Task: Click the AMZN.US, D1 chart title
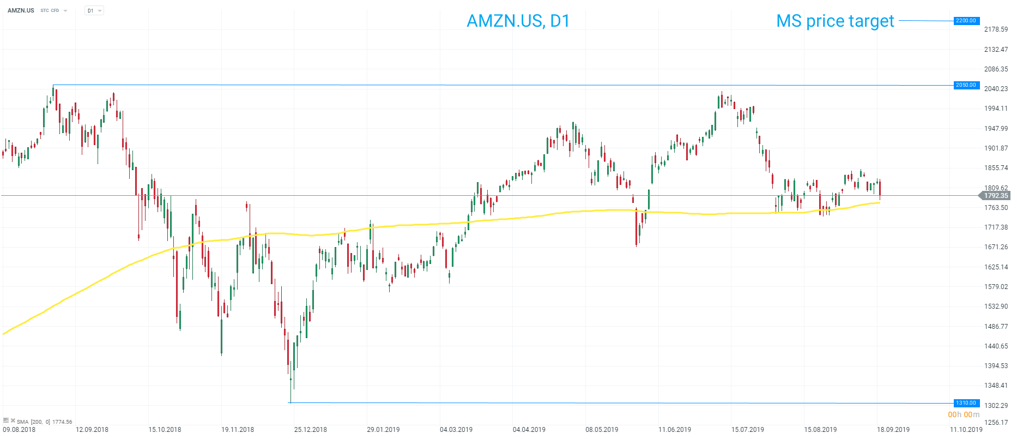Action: tap(518, 21)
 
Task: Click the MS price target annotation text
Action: tap(835, 21)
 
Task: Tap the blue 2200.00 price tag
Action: tap(966, 21)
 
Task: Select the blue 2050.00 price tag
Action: tap(966, 85)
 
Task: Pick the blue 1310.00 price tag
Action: tap(966, 403)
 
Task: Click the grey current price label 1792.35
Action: tap(996, 196)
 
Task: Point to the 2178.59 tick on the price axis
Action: tap(996, 29)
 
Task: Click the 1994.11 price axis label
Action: tap(996, 109)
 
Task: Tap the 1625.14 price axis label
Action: tap(996, 267)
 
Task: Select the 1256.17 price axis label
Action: tap(996, 423)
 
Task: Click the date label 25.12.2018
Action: tap(311, 430)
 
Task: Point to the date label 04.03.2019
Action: tap(456, 430)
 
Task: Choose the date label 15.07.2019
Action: tap(748, 430)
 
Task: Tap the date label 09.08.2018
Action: tap(20, 430)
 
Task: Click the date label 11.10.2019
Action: tap(966, 430)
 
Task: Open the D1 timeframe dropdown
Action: tap(94, 10)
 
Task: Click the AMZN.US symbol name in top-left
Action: tap(21, 10)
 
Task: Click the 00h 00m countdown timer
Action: tap(964, 415)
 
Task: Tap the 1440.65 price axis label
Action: tap(996, 346)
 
